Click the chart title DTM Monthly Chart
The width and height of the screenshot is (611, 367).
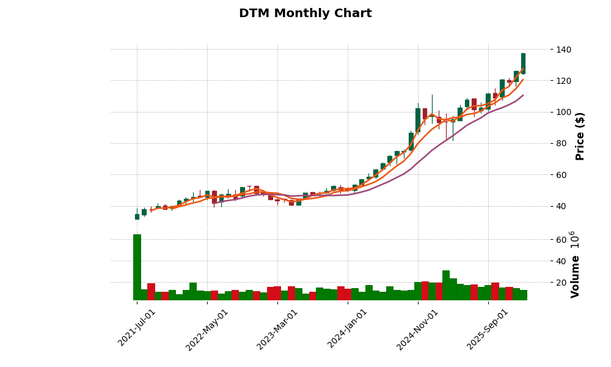tap(305, 13)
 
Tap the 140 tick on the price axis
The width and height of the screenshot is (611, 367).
tap(563, 50)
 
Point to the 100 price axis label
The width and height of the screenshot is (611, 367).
tap(563, 112)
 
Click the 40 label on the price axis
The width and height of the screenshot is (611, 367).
tap(561, 206)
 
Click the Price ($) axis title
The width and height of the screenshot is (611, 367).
tap(580, 136)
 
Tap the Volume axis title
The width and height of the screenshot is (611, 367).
tap(575, 264)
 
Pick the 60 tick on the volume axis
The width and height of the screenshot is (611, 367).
tap(561, 240)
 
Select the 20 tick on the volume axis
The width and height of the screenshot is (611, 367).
tap(561, 283)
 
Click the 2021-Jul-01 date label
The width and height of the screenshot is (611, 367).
tap(137, 328)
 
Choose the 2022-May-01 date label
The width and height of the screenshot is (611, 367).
tap(207, 329)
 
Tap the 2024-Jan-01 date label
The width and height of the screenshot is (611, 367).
tap(348, 328)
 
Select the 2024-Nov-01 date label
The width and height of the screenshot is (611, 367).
tap(418, 329)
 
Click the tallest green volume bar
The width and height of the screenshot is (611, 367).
tap(137, 267)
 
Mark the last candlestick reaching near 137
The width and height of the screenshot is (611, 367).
tap(523, 64)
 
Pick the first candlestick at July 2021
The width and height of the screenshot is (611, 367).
tap(137, 217)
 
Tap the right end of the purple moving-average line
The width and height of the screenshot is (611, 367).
tap(523, 95)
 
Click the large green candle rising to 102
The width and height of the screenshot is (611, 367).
tap(418, 120)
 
